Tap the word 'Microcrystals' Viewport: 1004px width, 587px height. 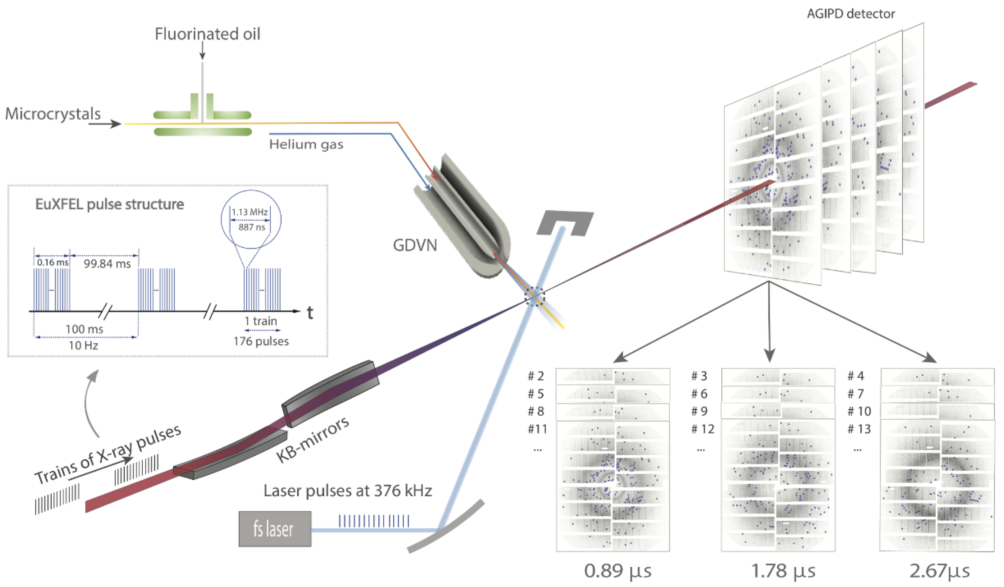(x=53, y=114)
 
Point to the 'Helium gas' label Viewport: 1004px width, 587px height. (x=306, y=144)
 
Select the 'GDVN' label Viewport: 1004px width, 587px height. (x=415, y=245)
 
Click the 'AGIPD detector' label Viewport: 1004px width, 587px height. (x=851, y=14)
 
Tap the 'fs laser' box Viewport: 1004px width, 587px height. (x=274, y=529)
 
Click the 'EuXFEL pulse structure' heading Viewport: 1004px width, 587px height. (x=110, y=204)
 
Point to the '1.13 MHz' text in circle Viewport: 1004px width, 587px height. (x=250, y=212)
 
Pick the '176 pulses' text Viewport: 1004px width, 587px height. (x=261, y=341)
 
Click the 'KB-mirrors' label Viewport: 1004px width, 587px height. (x=313, y=439)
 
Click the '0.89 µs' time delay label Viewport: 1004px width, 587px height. (x=618, y=571)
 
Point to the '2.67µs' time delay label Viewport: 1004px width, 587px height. (x=940, y=571)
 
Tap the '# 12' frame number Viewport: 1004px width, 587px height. (x=703, y=429)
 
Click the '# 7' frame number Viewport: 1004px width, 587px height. (x=855, y=394)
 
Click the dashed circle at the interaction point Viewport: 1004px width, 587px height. (x=534, y=297)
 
